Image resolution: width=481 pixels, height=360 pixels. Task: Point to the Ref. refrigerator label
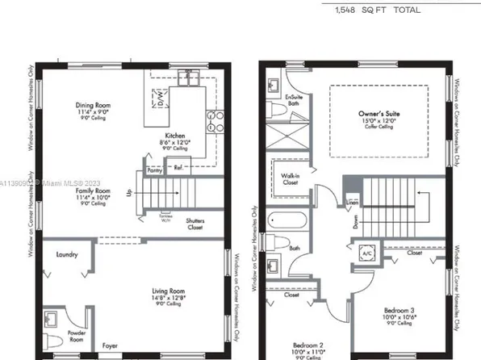[x=178, y=167]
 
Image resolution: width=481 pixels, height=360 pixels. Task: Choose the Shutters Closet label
[x=195, y=224]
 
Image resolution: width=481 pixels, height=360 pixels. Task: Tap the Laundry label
[x=68, y=255]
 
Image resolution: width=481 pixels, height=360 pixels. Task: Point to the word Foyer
[x=111, y=345]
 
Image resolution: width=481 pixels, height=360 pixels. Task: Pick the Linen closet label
[x=353, y=202]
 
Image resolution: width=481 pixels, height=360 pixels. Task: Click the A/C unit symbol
[x=367, y=252]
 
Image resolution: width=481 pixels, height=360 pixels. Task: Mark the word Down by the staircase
[x=356, y=218]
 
